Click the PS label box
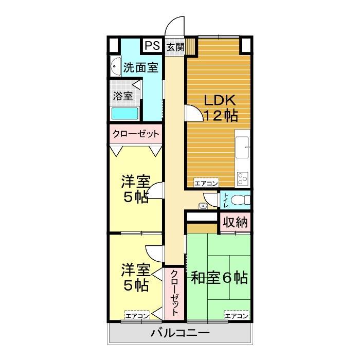[x=152, y=46]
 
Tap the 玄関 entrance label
[x=175, y=47]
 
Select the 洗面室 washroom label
[x=140, y=67]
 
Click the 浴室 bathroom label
[x=123, y=96]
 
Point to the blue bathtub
[x=125, y=114]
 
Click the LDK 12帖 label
[x=221, y=107]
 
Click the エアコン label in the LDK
[x=206, y=183]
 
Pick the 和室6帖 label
[x=220, y=278]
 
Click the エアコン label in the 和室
[x=236, y=315]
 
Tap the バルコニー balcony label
[x=179, y=333]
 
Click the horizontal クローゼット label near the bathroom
[x=135, y=134]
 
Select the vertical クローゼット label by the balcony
[x=174, y=293]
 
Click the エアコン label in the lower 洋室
[x=137, y=315]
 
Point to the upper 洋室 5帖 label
[x=135, y=189]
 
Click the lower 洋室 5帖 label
[x=135, y=276]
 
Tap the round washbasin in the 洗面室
[x=114, y=66]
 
